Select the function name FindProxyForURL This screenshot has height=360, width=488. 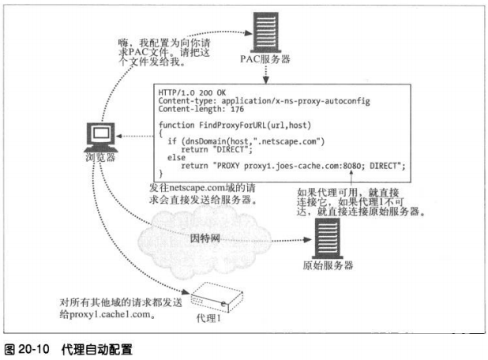222,125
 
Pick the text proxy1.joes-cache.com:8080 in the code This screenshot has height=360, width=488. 296,164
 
